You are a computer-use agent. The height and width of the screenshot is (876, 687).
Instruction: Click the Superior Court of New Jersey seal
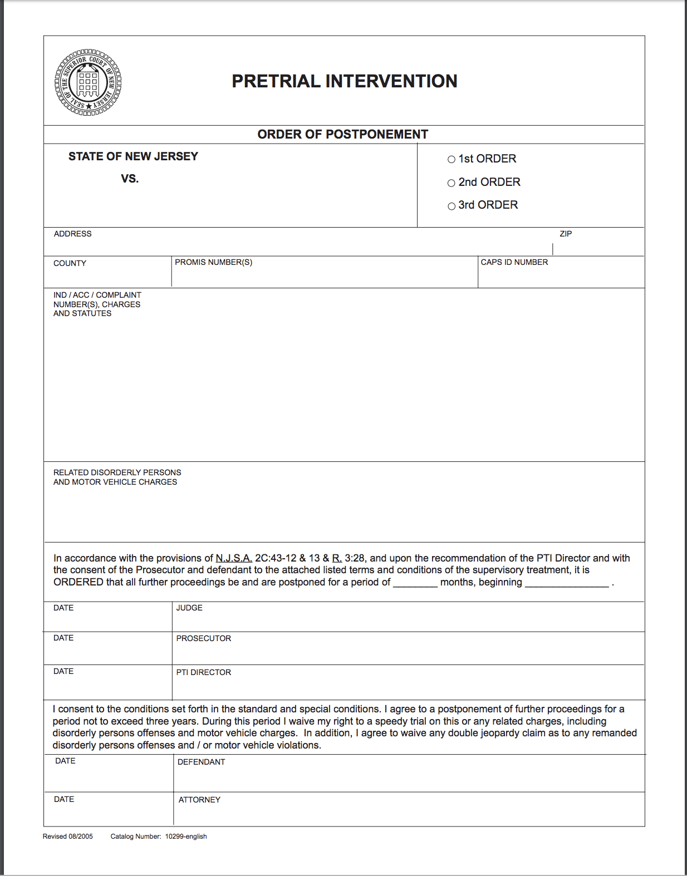coord(88,83)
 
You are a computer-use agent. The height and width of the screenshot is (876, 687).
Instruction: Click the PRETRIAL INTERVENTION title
coord(344,81)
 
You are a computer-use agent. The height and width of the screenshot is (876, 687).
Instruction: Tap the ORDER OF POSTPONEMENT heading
coord(342,135)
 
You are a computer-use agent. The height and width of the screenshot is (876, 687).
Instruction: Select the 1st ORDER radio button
coord(452,159)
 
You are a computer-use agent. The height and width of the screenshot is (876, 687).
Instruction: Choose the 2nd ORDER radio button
coord(452,183)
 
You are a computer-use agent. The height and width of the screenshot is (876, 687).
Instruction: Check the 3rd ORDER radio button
coord(452,206)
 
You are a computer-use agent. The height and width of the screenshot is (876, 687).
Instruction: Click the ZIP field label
coord(566,234)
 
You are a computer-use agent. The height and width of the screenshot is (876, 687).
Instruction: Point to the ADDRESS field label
coord(72,234)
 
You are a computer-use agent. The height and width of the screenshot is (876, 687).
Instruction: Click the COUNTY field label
coord(70,263)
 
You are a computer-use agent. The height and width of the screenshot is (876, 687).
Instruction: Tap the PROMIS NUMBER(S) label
coord(213,262)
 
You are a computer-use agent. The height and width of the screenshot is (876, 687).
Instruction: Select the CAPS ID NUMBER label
coord(514,262)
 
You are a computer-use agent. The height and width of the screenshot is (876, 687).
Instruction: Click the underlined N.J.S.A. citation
coord(234,558)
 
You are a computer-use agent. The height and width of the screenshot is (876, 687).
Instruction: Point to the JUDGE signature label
coord(189,608)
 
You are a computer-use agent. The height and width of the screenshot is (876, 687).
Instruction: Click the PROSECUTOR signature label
coord(203,638)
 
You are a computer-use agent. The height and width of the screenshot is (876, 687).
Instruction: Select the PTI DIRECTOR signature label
coord(203,672)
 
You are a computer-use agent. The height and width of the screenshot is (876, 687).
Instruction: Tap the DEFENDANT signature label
coord(201,762)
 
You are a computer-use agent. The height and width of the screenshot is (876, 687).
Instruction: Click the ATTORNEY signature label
coord(199,800)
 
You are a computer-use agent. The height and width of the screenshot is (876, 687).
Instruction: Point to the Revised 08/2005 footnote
coord(68,836)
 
